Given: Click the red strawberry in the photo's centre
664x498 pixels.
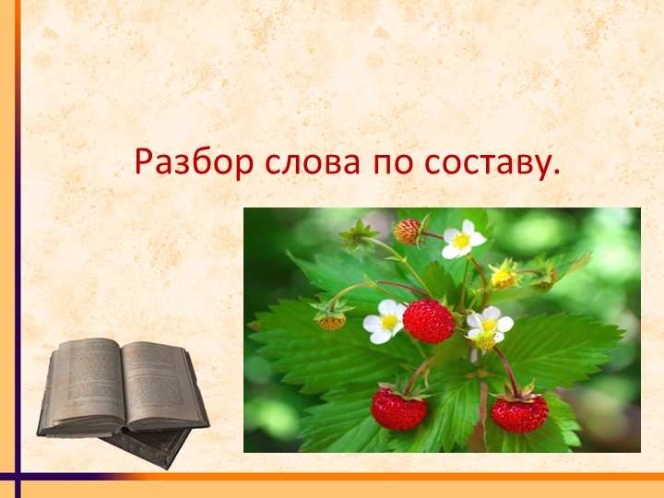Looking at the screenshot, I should point(429,321).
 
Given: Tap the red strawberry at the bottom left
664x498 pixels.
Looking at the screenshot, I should point(398,409).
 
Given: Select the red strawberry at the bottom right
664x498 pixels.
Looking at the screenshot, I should point(519,412).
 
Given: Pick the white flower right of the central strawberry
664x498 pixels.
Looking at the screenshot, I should point(489,325).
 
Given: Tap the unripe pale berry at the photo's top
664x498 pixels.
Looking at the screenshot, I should point(408,231).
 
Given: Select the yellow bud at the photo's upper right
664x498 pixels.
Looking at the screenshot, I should point(504,276).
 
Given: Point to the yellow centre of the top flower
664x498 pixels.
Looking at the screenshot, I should point(461,241).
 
